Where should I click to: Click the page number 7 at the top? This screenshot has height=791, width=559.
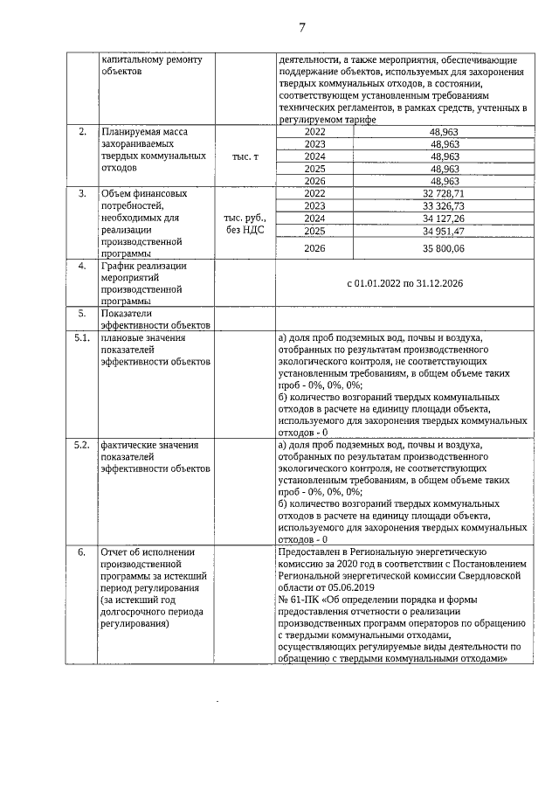tap(301, 27)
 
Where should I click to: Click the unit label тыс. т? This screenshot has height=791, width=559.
tap(245, 156)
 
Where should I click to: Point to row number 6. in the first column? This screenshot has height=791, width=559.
tap(81, 552)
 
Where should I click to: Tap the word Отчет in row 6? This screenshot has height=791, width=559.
tap(116, 552)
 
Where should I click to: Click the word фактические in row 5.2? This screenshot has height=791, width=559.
tap(128, 445)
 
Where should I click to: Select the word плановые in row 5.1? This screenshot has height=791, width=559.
tap(121, 337)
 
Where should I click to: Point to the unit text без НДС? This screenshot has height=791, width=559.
tap(245, 230)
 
